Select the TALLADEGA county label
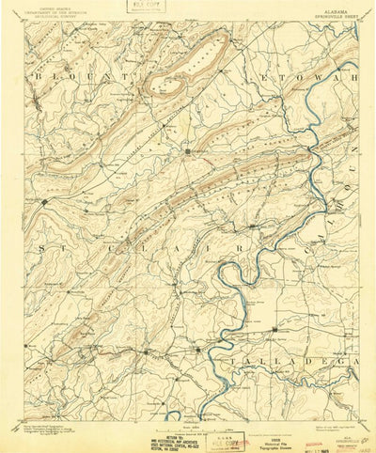pyautogui.click(x=305, y=361)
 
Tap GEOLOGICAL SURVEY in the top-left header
pyautogui.click(x=52, y=20)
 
